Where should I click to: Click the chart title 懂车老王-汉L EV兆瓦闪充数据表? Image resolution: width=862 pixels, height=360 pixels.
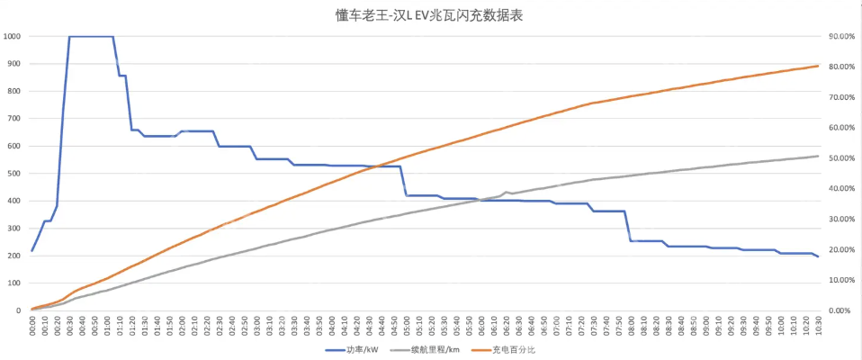(431, 15)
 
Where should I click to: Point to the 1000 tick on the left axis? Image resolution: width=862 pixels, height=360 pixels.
(13, 36)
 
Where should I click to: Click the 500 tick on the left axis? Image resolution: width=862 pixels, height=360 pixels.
(15, 174)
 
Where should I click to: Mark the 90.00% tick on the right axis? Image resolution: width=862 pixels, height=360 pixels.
(841, 36)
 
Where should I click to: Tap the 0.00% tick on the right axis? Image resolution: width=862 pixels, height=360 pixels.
(840, 310)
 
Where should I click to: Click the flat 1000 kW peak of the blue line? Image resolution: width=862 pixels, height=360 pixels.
(91, 37)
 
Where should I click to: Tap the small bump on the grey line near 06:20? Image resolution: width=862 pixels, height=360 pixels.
(506, 192)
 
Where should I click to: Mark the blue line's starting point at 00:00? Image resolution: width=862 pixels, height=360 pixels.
(32, 251)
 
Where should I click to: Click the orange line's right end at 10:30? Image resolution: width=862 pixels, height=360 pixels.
(817, 66)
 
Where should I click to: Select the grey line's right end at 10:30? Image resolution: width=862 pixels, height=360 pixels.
(817, 157)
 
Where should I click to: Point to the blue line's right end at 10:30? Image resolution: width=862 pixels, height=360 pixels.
(817, 256)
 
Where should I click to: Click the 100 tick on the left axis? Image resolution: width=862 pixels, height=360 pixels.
(15, 283)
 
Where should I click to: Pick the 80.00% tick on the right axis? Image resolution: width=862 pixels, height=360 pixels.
(841, 67)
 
